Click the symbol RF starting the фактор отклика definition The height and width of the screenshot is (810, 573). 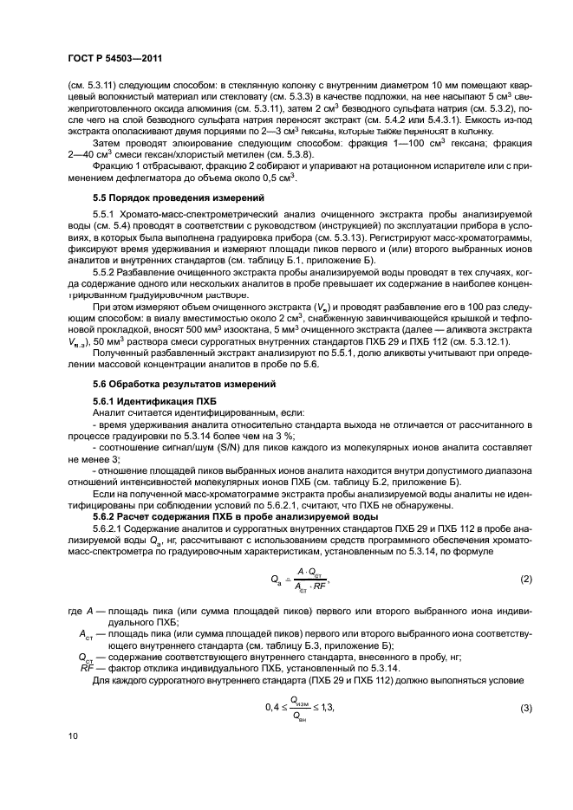[x=86, y=668]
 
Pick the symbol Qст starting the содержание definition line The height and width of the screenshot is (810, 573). [x=85, y=657]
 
